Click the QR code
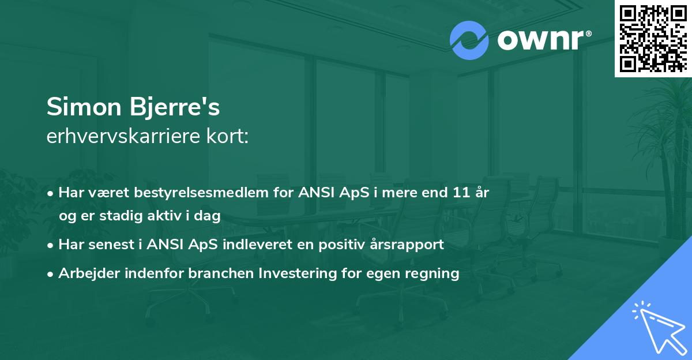[653, 39]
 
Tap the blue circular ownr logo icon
[469, 40]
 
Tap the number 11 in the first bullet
[461, 193]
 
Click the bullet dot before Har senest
[51, 245]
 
